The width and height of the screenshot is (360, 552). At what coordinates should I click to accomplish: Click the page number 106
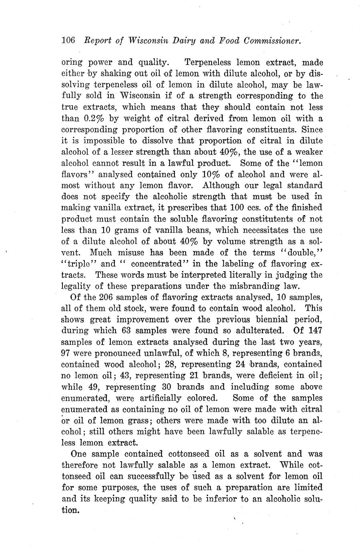click(x=68, y=40)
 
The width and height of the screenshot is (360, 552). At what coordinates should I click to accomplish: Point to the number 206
click(x=102, y=297)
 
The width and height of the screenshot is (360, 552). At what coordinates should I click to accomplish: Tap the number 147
click(x=315, y=331)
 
